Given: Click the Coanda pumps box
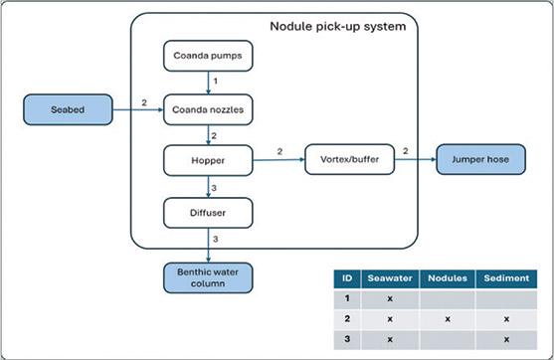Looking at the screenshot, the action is point(208,56).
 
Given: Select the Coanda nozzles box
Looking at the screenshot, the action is point(208,109).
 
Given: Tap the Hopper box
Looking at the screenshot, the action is point(208,160).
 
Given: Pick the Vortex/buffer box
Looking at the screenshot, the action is point(349,159).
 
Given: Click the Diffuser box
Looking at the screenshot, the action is point(208,213).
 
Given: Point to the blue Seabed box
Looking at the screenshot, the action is point(68,109).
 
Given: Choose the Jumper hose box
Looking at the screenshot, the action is point(480,159).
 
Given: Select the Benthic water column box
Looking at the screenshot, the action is point(208,277).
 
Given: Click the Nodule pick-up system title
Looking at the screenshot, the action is point(338,27).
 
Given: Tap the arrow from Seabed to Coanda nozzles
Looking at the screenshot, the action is point(138,109).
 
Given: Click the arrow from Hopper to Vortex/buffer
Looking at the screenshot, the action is point(278,160).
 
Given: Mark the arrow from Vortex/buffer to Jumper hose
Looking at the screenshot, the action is point(416,159).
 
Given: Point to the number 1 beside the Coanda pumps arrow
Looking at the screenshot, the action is point(215,82).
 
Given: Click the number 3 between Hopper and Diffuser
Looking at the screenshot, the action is point(214,188).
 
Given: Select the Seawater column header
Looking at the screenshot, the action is point(390,278).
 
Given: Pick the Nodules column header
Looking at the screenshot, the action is point(448,278).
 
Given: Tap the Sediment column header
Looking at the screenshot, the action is point(506,278).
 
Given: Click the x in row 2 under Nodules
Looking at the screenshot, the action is point(448,319).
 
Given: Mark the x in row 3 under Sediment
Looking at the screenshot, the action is point(506,339).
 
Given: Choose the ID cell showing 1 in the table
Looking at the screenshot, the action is point(347,298).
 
